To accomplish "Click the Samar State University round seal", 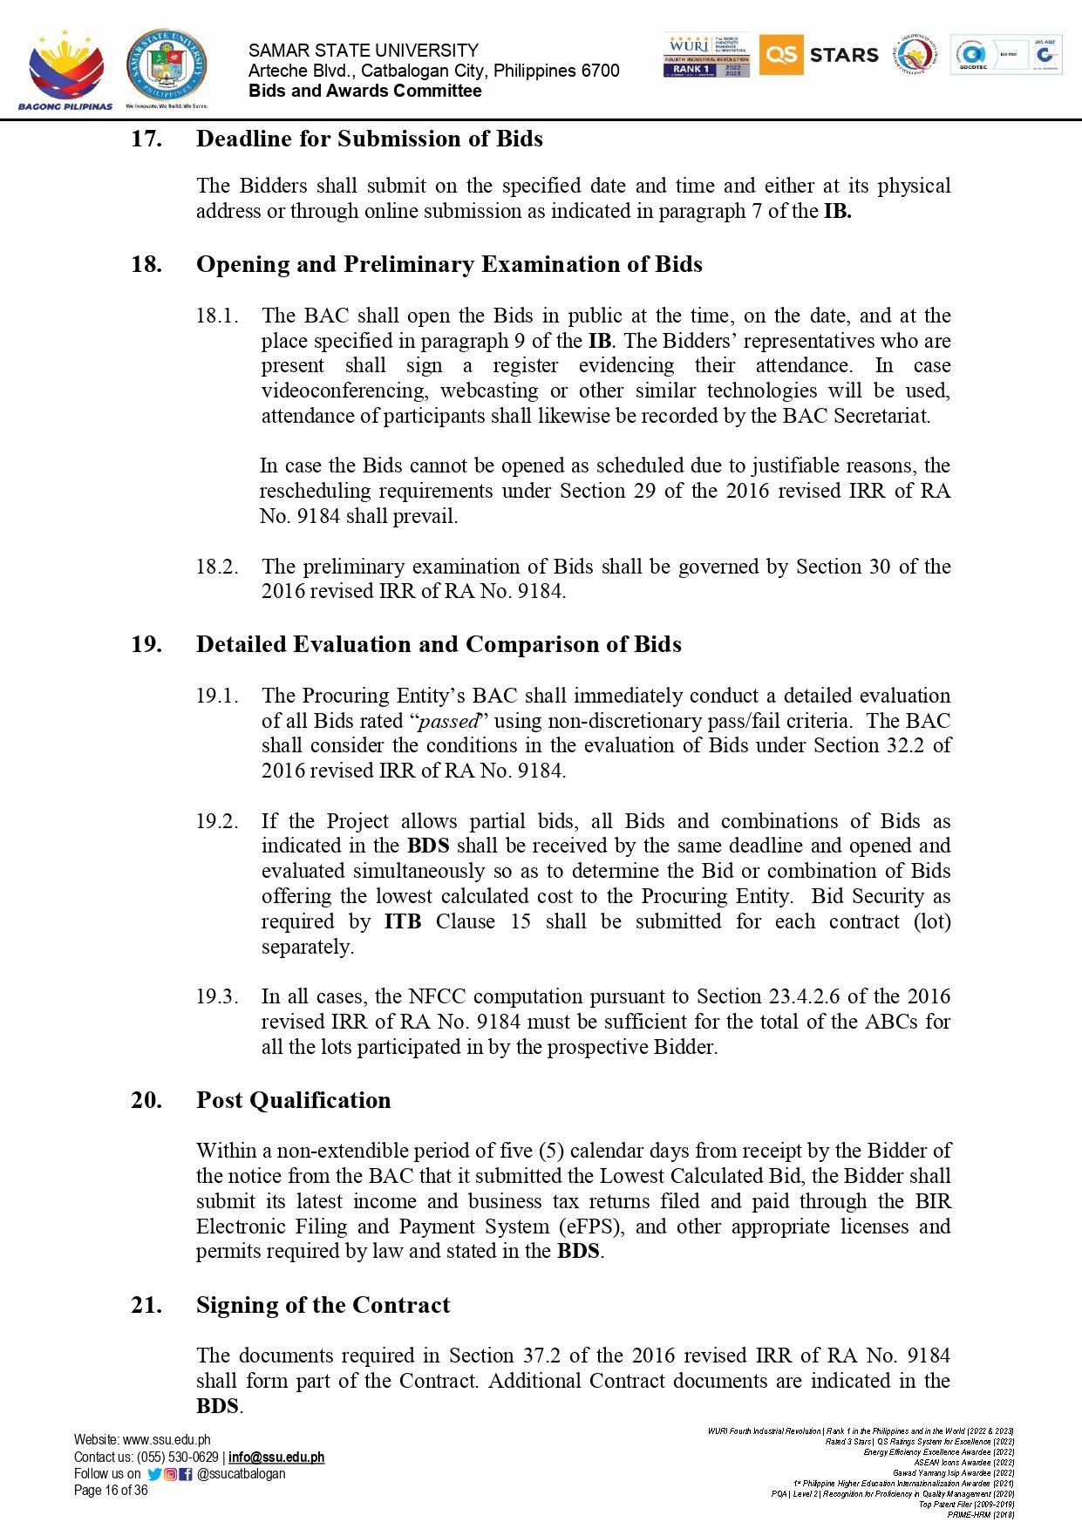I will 167,66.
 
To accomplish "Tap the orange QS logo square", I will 780,55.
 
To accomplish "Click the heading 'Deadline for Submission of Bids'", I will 369,139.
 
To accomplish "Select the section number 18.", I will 146,264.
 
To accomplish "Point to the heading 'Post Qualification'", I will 293,1100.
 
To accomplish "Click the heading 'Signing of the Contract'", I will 323,1305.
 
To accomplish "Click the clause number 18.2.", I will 217,567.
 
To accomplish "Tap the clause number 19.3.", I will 217,996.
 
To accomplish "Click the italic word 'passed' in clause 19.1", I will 449,721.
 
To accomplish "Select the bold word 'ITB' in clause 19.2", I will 403,921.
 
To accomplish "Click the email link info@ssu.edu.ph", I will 276,1457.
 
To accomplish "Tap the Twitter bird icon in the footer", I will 155,1474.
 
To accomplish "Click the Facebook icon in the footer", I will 186,1474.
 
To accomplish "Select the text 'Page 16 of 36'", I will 111,1491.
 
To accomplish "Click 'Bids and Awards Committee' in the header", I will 364,91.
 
